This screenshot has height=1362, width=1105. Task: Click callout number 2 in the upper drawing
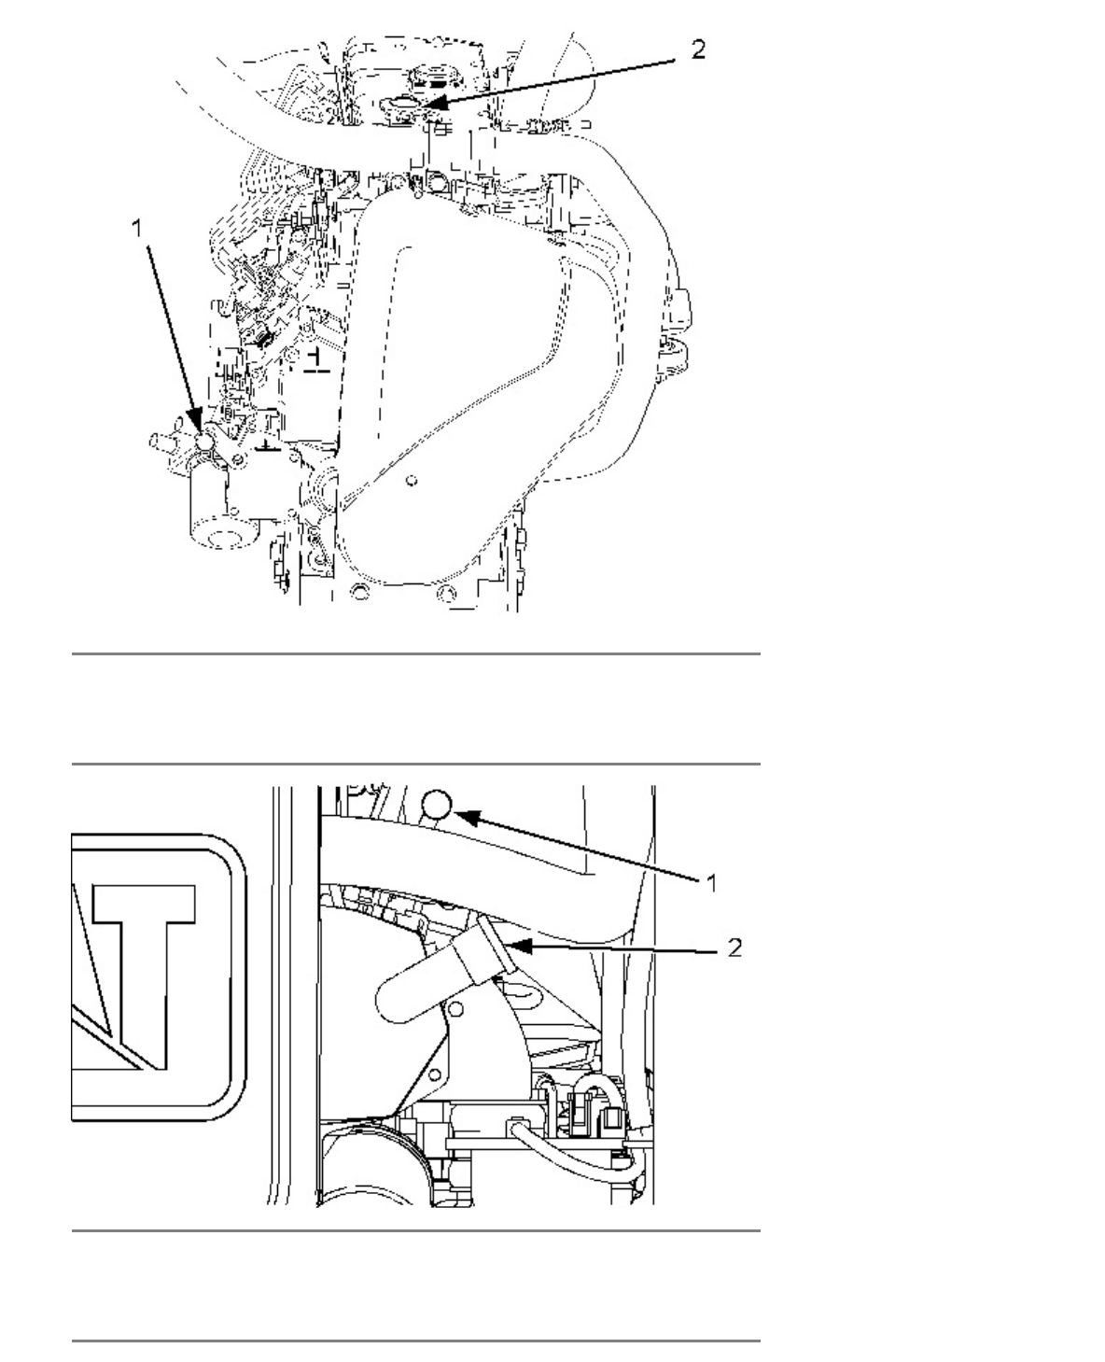pos(698,49)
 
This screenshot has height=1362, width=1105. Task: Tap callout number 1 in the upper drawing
pos(136,229)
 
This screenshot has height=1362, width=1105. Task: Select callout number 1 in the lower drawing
pos(711,883)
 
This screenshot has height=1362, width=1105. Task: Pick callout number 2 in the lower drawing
pos(735,948)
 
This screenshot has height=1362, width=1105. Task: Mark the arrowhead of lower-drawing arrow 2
pos(518,946)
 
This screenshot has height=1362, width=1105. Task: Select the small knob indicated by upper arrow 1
pos(204,442)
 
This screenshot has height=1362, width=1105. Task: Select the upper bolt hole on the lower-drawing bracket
pos(455,1010)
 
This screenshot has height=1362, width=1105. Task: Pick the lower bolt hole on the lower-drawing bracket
pos(436,1074)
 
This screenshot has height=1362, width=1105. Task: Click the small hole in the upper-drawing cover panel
pos(412,480)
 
